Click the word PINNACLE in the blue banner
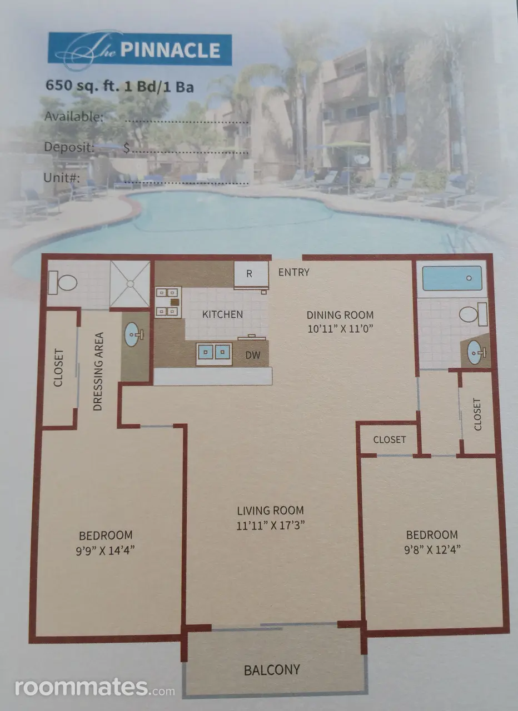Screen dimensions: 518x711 (x=170, y=50)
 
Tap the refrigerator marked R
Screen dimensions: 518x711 (x=251, y=274)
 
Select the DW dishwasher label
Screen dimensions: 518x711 (x=253, y=355)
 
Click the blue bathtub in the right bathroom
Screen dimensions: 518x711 (x=452, y=278)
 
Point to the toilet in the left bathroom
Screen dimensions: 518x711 (x=63, y=283)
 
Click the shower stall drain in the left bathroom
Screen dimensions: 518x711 (x=130, y=284)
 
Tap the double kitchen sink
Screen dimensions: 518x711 (x=214, y=354)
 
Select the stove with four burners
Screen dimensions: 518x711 (x=168, y=302)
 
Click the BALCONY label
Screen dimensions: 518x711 (x=272, y=670)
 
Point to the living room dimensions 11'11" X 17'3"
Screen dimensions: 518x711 (x=271, y=525)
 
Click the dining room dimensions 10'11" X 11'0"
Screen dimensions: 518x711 (x=340, y=328)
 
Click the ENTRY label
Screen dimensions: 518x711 (x=294, y=272)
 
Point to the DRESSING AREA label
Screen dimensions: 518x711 (x=98, y=372)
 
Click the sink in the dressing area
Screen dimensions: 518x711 (x=133, y=334)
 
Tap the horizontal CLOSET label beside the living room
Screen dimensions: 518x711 (x=390, y=439)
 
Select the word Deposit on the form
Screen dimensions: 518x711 (x=69, y=147)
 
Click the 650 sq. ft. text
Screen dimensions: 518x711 (x=82, y=86)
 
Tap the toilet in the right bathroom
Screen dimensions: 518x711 (x=473, y=314)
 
